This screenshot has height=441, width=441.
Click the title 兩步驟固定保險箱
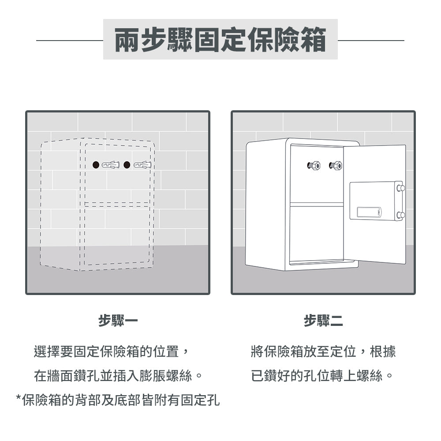[220, 40]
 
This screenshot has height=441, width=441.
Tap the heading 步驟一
[118, 321]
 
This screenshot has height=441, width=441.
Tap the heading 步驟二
[323, 321]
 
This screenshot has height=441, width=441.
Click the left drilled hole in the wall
[96, 165]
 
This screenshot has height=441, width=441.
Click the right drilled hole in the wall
[127, 165]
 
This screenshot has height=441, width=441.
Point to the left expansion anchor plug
[111, 165]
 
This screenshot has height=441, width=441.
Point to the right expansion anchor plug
[142, 165]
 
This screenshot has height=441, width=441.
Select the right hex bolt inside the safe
[336, 166]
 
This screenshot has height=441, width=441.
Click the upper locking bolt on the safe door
[400, 188]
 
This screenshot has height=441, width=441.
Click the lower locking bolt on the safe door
[400, 215]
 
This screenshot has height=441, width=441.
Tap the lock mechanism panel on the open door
[375, 201]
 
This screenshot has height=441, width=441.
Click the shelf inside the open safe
[316, 204]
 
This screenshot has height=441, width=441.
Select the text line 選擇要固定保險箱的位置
[112, 351]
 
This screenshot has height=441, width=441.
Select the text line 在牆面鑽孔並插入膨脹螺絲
[118, 376]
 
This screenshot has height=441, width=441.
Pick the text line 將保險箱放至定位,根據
[323, 351]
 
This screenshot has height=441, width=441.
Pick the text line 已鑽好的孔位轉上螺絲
[322, 376]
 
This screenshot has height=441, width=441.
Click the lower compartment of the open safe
[316, 234]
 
